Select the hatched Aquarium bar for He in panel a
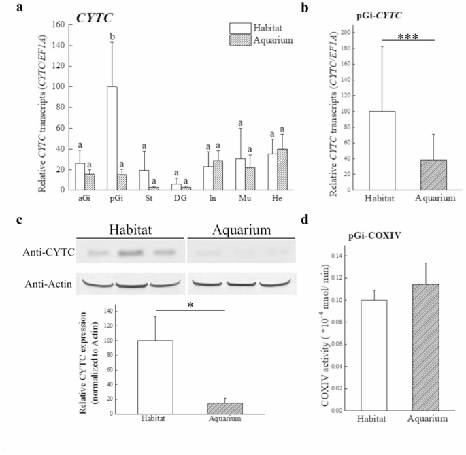pyautogui.click(x=278, y=170)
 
